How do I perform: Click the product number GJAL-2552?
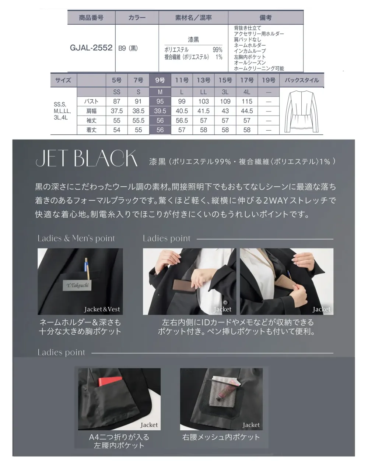click(x=91, y=47)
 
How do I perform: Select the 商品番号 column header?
click(x=91, y=18)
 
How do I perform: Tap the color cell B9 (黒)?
click(x=128, y=48)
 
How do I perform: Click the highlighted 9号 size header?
click(x=160, y=80)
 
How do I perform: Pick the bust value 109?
click(x=225, y=101)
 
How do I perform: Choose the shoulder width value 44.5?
click(x=247, y=111)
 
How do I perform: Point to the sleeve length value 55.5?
click(x=138, y=120)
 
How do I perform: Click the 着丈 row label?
click(x=91, y=130)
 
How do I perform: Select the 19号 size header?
click(x=269, y=80)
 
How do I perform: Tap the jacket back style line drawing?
click(x=301, y=112)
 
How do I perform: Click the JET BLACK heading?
click(x=87, y=158)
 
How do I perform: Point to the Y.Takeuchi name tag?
click(x=77, y=285)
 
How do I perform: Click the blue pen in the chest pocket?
click(x=86, y=264)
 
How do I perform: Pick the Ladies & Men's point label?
click(x=76, y=238)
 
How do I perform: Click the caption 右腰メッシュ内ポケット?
click(x=221, y=437)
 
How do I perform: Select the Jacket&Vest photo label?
click(x=102, y=309)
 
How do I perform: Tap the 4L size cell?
click(x=247, y=92)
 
